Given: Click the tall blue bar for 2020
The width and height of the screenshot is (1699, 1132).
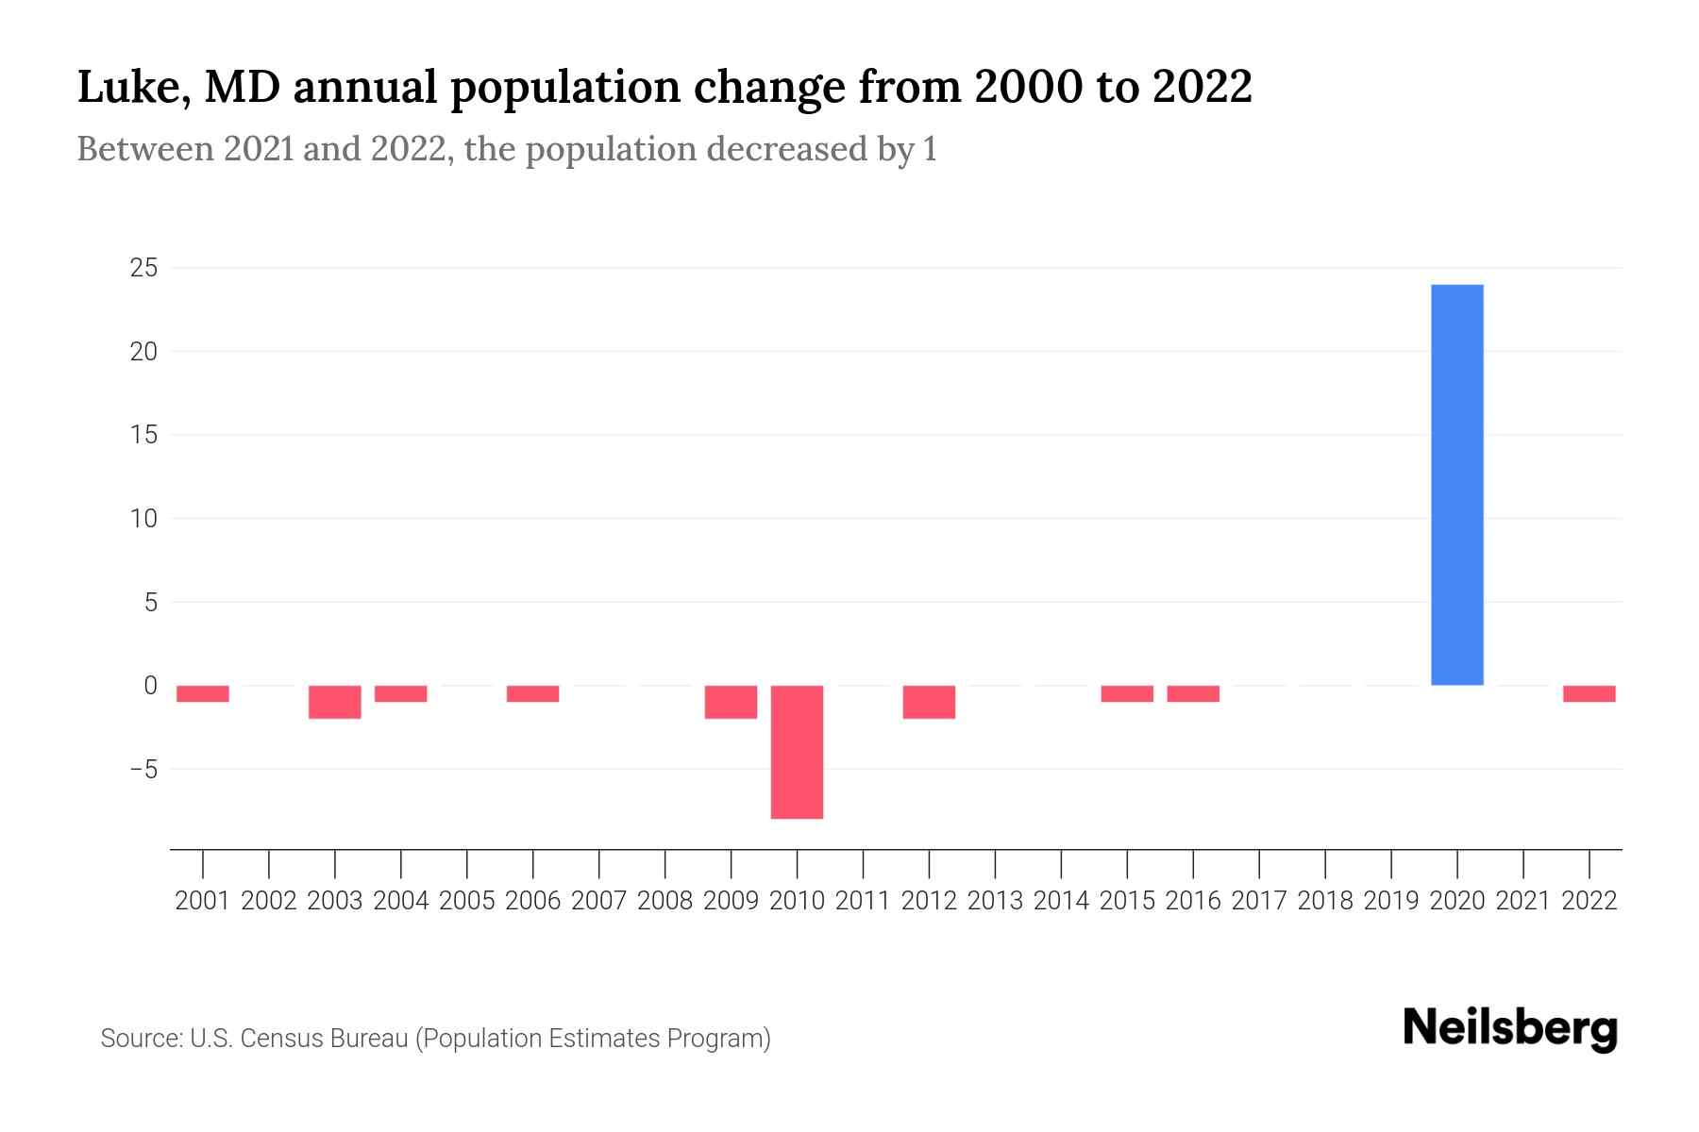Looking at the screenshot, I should click(1456, 484).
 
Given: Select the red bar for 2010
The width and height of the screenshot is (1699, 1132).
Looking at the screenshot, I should click(797, 752).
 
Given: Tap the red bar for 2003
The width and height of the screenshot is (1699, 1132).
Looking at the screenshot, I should click(335, 702).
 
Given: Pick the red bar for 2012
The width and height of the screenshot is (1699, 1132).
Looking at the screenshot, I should click(929, 702).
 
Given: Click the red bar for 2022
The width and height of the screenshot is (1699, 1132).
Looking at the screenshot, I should click(1589, 693).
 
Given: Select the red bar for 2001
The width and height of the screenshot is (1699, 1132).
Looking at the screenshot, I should click(203, 693).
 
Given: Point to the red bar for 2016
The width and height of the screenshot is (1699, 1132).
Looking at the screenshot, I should click(1193, 693).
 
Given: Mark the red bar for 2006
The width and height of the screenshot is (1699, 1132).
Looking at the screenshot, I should click(533, 693).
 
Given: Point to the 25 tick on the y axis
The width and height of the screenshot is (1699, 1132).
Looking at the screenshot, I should click(144, 269).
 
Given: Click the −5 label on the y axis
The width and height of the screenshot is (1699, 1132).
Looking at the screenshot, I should click(143, 770).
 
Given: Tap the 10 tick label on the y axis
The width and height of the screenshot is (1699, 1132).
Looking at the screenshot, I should click(144, 519).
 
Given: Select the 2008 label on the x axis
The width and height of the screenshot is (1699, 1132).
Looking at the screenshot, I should click(664, 901).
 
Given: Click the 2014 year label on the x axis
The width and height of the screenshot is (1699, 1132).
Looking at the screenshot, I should click(1061, 901).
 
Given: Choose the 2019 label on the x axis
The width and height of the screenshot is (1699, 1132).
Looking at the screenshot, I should click(1390, 901).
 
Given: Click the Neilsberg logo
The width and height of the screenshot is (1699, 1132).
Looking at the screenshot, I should click(1510, 1028).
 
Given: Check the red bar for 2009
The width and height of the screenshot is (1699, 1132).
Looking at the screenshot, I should click(731, 702).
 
